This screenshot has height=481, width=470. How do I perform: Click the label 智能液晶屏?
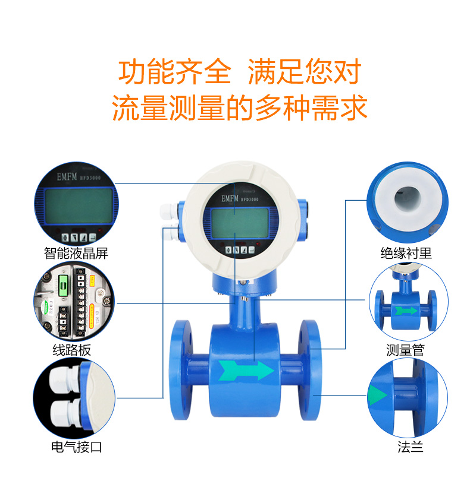pos(76,253)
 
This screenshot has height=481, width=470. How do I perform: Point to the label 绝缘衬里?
pos(406,254)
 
